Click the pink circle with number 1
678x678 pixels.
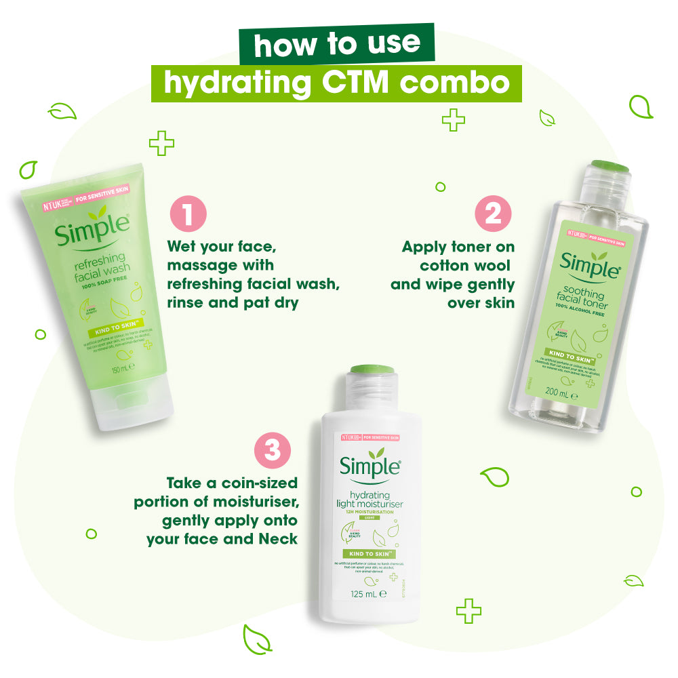[187, 214]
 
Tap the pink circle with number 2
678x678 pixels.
[494, 214]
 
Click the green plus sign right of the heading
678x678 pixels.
[453, 121]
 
